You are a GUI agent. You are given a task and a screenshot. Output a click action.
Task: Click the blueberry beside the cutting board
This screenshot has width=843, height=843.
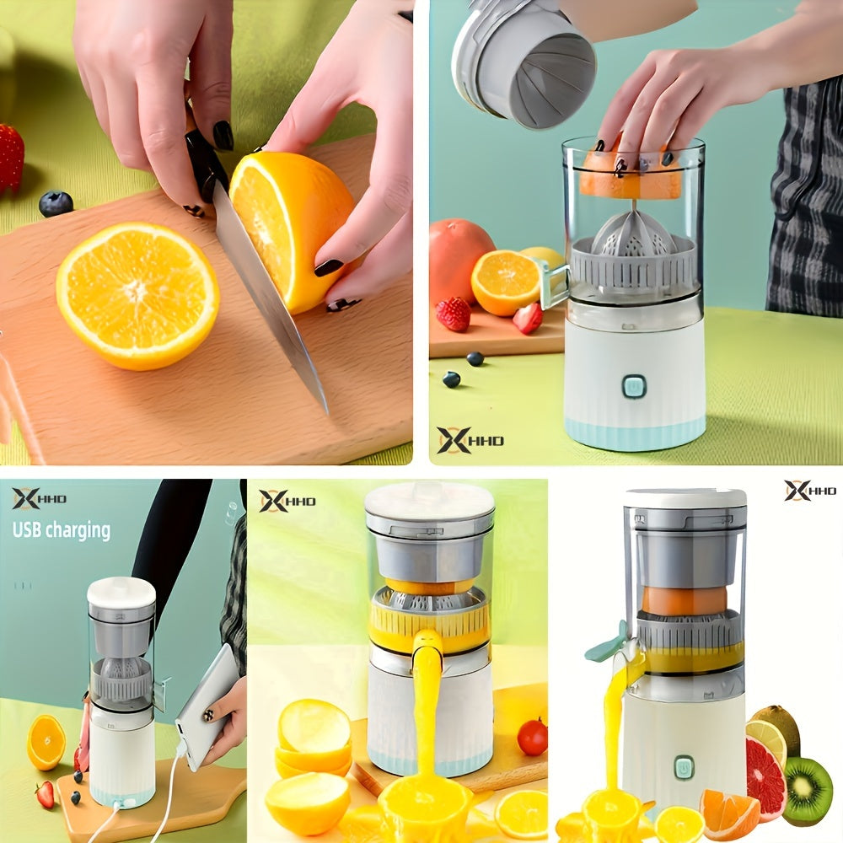(x=56, y=203)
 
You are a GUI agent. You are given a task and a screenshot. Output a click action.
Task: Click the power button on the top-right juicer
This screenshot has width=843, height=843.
(x=634, y=386)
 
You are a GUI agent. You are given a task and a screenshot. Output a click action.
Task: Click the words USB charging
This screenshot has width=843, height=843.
(x=62, y=530)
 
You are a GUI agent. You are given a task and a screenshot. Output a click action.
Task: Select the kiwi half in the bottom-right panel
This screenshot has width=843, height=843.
(x=807, y=791)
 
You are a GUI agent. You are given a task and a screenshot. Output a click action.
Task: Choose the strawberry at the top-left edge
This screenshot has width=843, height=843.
(x=11, y=158)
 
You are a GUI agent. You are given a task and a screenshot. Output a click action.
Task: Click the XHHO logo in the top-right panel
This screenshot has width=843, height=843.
(x=470, y=440)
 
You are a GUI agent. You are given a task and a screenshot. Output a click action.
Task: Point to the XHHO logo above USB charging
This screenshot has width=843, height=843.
(x=39, y=499)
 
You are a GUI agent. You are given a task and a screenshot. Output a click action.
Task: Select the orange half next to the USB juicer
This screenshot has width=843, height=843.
(x=46, y=742)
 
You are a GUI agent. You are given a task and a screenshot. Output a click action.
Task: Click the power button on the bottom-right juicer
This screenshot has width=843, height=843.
(x=684, y=767)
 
